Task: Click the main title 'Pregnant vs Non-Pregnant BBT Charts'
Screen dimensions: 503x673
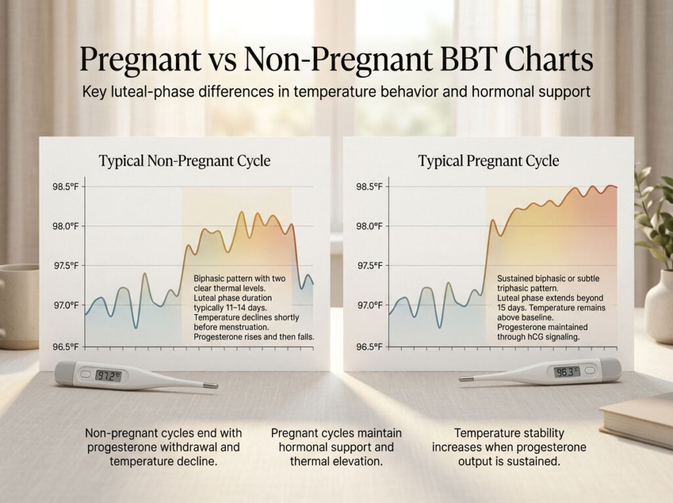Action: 336,60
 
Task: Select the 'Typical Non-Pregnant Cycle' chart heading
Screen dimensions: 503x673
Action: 184,161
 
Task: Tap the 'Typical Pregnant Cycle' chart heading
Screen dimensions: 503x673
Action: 488,161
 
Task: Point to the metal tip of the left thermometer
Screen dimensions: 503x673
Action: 210,386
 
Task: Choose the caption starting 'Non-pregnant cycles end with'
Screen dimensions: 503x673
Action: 164,447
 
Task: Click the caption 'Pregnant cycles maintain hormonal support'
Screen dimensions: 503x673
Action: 336,447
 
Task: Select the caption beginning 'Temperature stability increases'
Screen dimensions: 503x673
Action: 509,447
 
